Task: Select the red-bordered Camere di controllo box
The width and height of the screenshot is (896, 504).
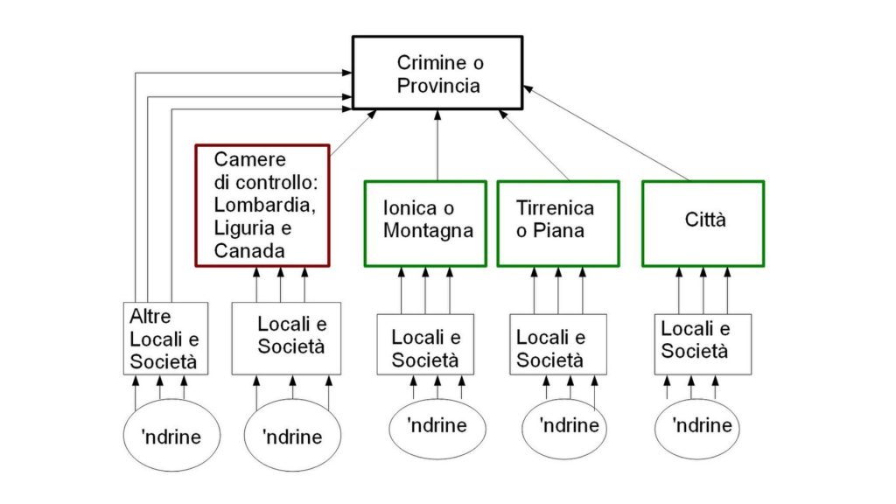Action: coord(261,205)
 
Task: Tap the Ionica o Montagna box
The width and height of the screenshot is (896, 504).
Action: coord(424,222)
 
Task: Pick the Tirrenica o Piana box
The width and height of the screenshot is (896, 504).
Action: coord(557,222)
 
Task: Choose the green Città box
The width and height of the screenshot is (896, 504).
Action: coord(703,222)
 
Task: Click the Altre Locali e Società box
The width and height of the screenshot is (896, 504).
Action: coord(165,338)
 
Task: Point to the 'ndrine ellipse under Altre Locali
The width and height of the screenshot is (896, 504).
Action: coord(171,436)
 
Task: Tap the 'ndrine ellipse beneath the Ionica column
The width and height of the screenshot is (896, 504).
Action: coord(437,426)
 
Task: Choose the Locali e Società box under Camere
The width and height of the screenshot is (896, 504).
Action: coord(285,338)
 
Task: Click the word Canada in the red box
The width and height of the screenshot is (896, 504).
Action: coord(249,250)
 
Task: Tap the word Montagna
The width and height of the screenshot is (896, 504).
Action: coord(428,231)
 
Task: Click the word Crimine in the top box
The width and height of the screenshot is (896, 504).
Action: coord(429,63)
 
